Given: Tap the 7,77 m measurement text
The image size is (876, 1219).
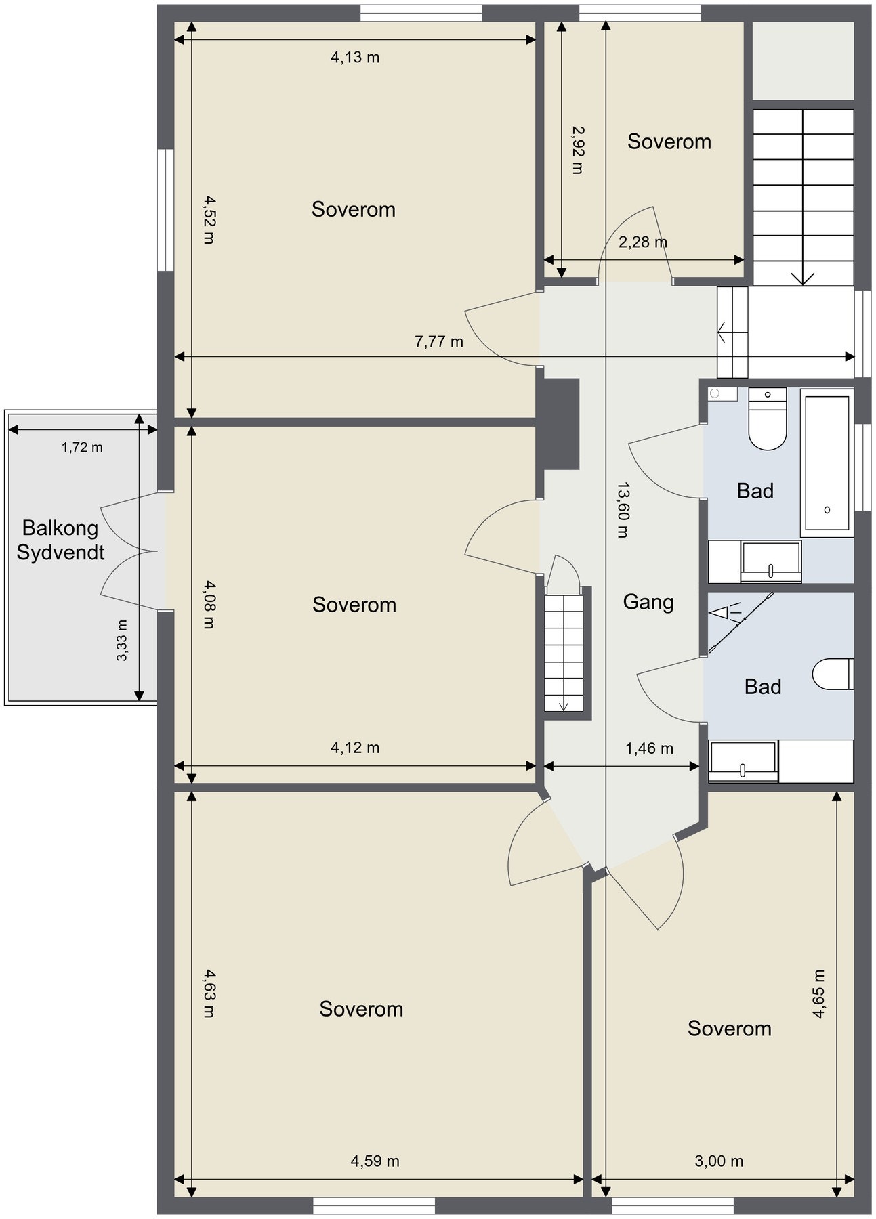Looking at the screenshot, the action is click(x=439, y=341).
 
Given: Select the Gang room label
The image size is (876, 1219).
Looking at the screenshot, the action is click(x=648, y=602).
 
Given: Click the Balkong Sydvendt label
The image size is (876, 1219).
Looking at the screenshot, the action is click(x=60, y=540).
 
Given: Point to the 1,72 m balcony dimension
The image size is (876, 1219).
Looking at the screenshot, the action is click(x=82, y=447).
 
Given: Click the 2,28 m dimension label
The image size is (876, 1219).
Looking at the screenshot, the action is click(x=643, y=242).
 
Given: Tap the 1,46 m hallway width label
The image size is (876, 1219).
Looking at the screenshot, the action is click(x=649, y=748).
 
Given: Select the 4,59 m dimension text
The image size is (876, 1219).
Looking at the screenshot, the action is click(x=375, y=1161).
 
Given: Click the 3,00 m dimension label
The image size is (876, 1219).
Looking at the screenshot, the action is click(x=719, y=1161).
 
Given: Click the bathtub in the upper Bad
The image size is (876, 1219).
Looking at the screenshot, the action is click(x=827, y=463).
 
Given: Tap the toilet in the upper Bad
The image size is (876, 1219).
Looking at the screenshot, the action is click(x=767, y=419).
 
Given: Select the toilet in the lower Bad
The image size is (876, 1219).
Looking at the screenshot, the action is click(x=833, y=674).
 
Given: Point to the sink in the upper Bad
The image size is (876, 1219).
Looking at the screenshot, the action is click(x=771, y=561).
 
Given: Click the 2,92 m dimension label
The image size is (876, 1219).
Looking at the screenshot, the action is click(x=577, y=150).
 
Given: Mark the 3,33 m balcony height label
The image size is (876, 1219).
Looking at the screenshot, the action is click(x=122, y=640).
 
